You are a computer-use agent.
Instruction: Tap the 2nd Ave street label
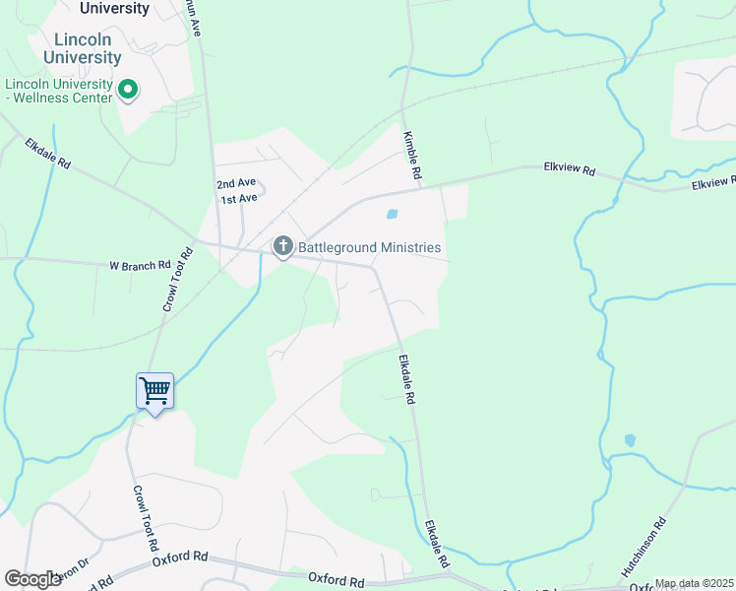pos(236,184)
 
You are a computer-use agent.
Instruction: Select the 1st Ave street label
pos(238,199)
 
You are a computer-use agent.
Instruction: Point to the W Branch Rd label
pos(140,265)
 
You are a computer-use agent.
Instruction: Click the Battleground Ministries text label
pos(370,247)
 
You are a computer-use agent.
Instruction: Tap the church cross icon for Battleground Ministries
pos(282,246)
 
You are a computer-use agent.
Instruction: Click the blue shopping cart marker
pos(154,391)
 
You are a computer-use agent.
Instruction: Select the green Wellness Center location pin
pos(127,91)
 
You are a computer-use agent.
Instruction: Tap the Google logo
pos(32,579)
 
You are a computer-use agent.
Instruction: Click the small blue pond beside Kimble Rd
pos(393,214)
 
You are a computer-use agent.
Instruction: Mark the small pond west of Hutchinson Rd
pos(629,440)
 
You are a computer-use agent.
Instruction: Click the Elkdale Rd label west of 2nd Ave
pos(48,154)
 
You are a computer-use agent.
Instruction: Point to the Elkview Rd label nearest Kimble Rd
pos(570,169)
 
